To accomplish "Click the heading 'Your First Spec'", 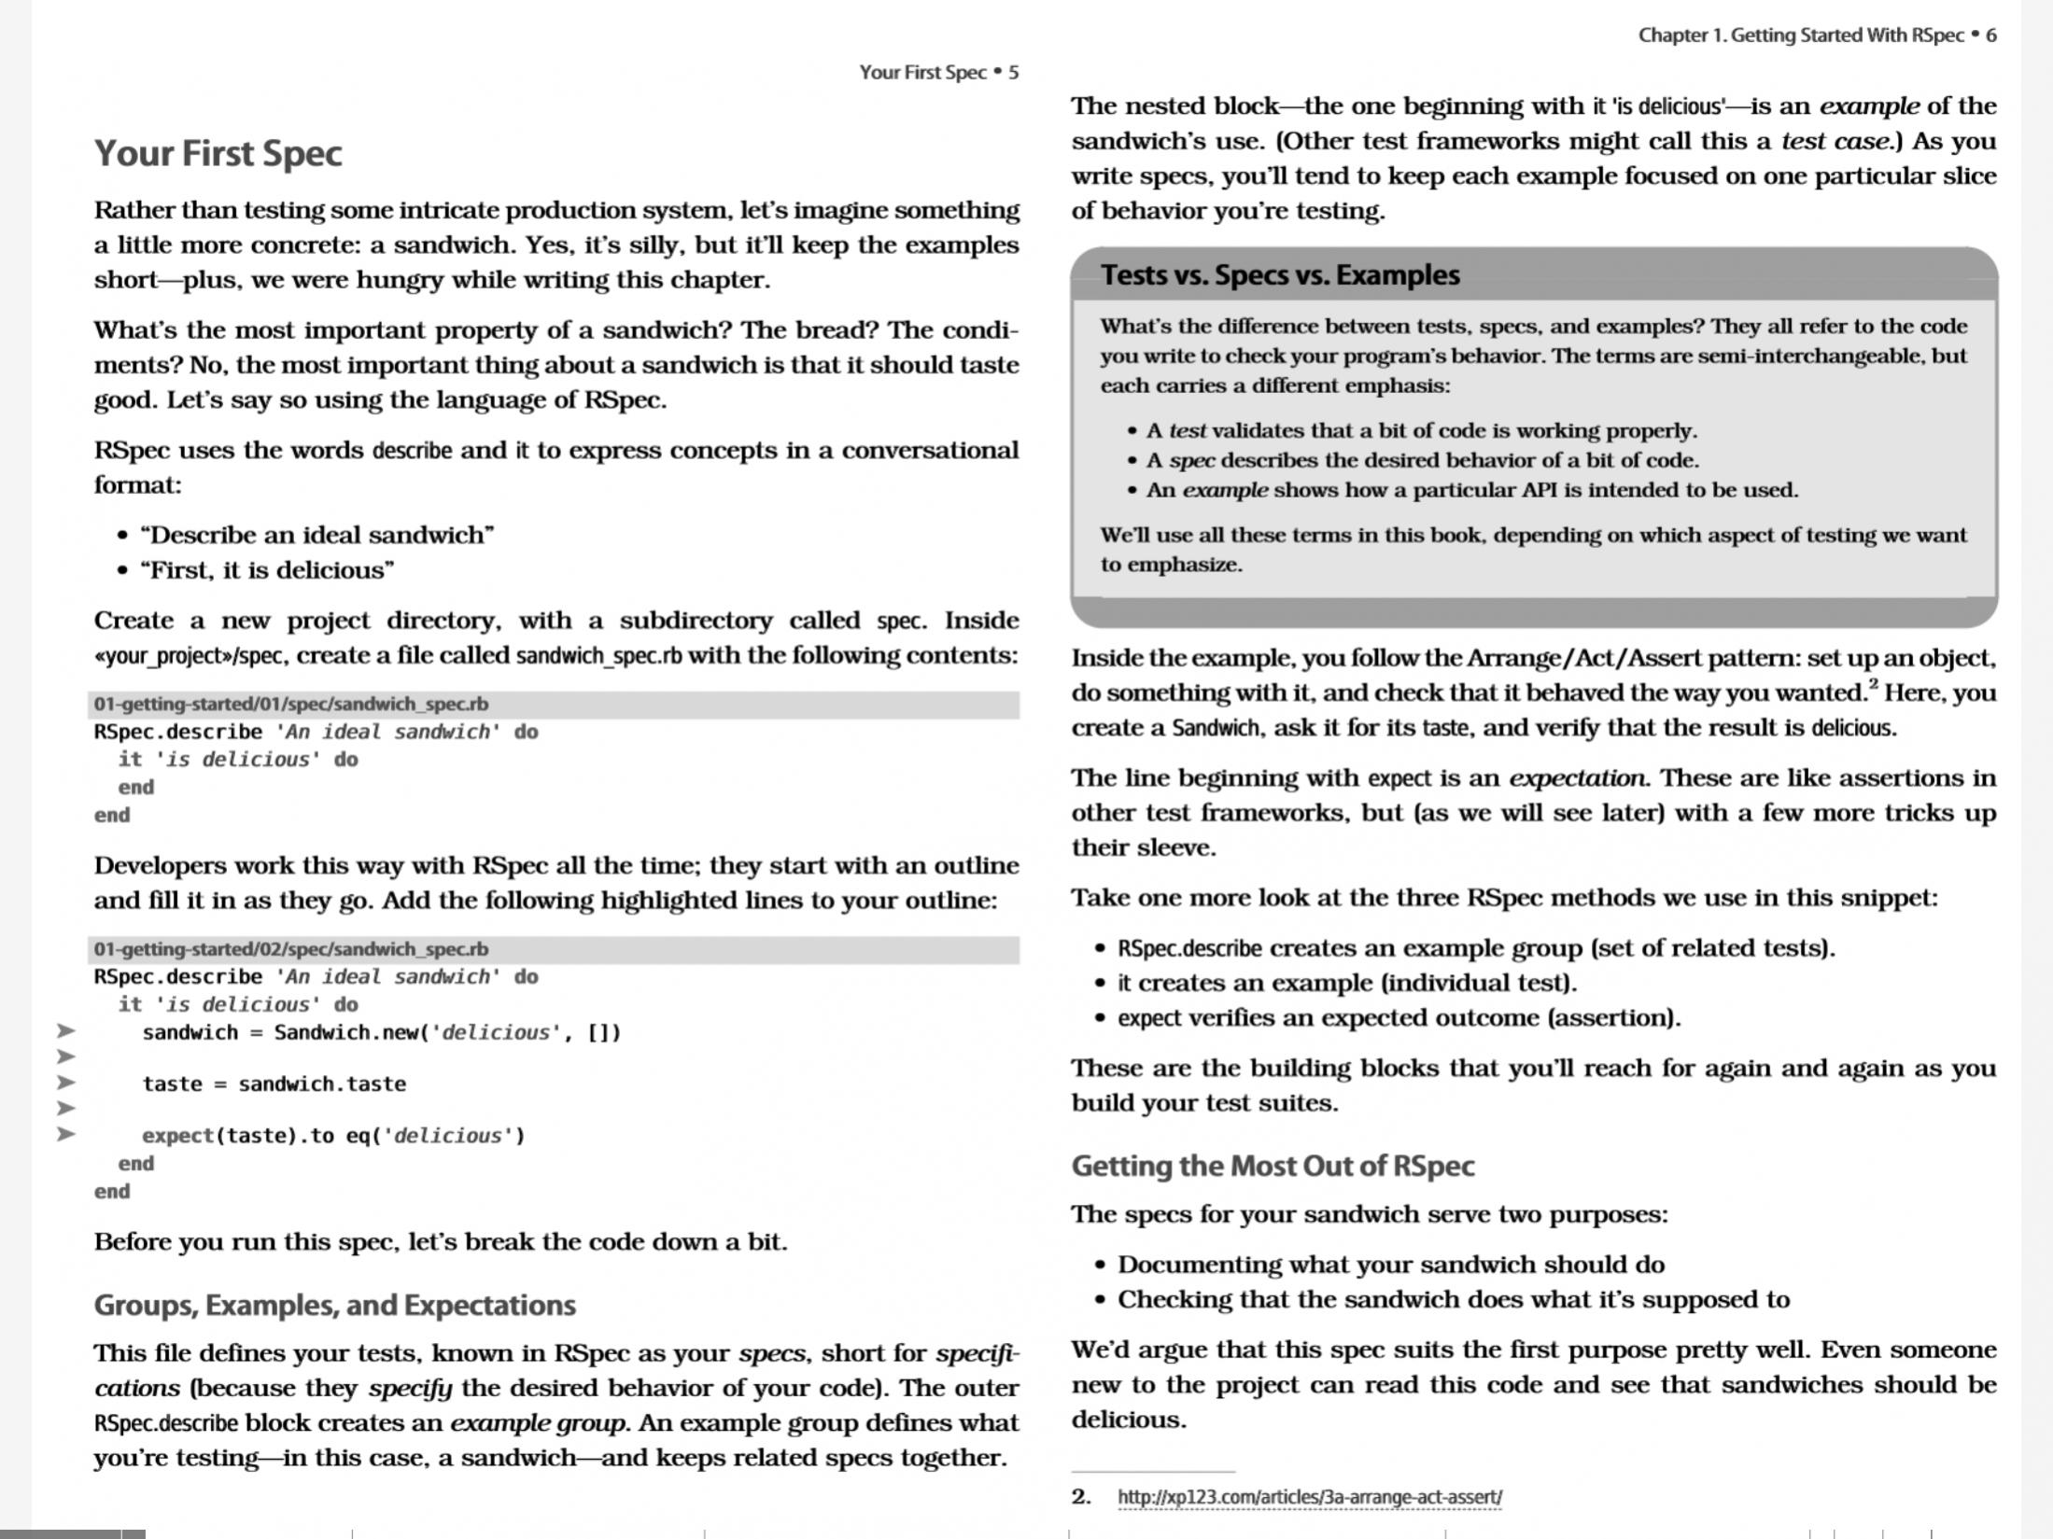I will point(218,154).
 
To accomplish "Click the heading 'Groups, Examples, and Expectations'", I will point(334,1305).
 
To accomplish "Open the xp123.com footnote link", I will point(1309,1497).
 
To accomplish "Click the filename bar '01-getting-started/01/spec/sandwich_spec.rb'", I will point(290,705).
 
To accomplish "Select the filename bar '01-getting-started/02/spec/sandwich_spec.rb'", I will point(290,949).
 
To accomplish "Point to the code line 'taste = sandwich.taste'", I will point(274,1084).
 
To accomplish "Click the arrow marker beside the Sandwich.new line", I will point(65,1031).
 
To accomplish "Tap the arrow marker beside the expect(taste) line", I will point(65,1135).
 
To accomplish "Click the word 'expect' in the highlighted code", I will point(177,1136).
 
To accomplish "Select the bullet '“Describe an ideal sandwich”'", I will point(316,536).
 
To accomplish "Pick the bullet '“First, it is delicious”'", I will point(267,570).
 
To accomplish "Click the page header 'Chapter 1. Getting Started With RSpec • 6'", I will point(1816,35).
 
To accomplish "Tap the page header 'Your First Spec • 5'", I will point(938,73).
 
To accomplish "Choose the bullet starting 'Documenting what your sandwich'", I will point(1390,1265).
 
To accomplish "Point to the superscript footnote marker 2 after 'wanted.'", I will point(1873,684).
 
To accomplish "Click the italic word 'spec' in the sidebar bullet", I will point(1191,461).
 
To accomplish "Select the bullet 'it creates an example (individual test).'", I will point(1346,983).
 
